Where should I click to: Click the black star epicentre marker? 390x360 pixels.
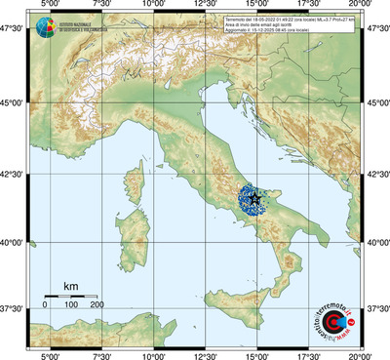[254, 197]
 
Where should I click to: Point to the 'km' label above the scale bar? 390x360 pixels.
[70, 286]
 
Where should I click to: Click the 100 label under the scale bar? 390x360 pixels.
[71, 305]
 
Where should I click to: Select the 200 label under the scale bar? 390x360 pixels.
[97, 305]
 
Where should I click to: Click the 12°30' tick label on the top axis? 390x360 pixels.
[205, 7]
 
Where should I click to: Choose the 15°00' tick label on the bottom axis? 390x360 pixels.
[256, 355]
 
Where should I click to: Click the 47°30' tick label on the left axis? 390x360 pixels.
[14, 28]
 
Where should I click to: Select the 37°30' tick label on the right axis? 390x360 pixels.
[377, 308]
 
